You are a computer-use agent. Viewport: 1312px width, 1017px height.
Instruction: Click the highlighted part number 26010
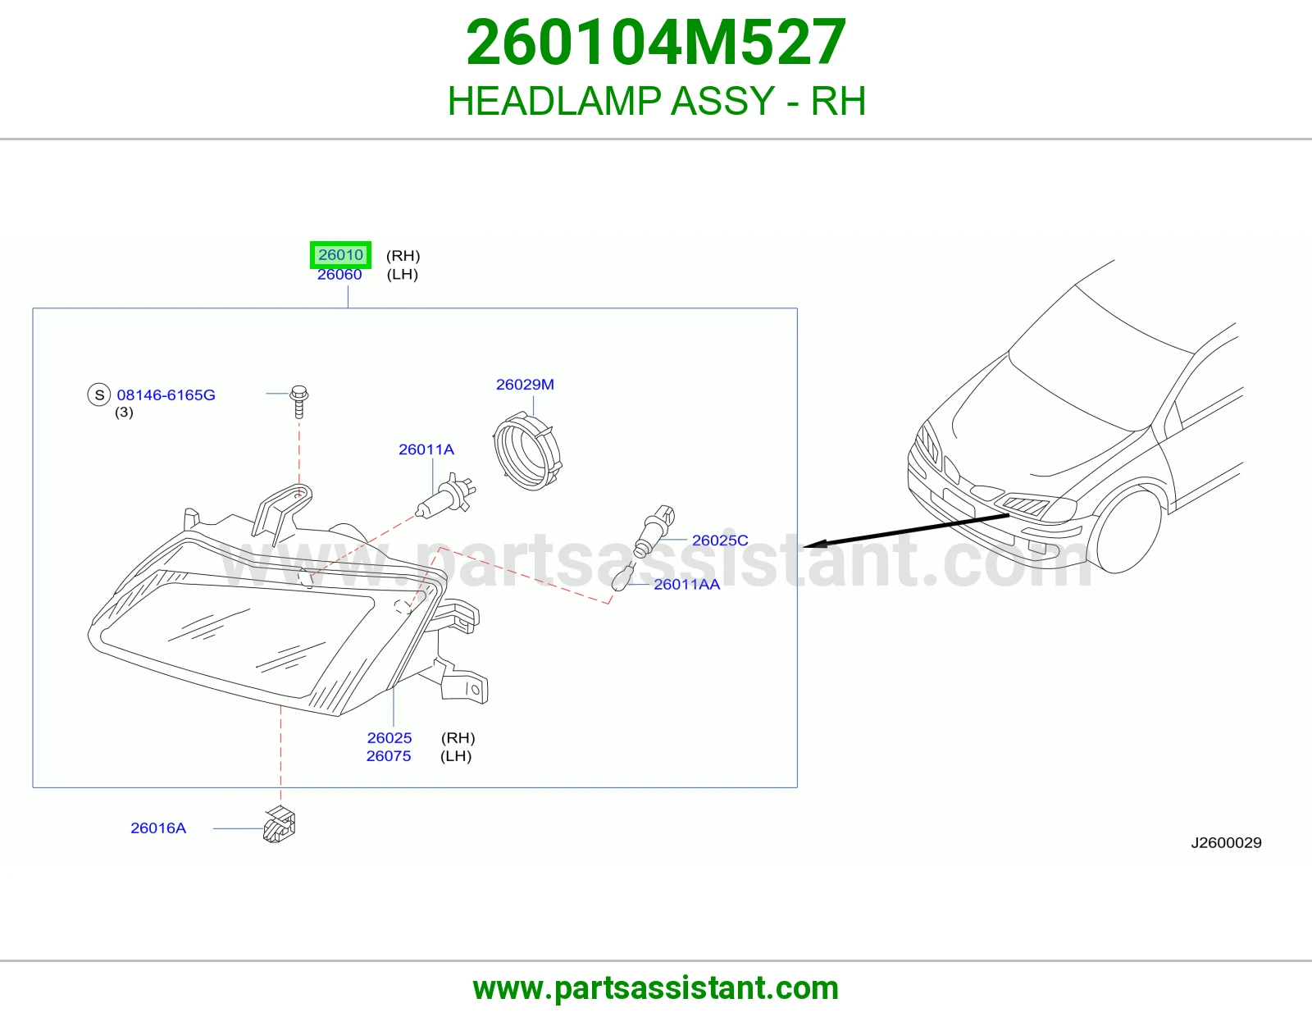tap(340, 255)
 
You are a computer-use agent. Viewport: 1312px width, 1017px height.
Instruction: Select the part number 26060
tap(339, 275)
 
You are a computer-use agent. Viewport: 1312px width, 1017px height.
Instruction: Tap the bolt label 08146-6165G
tap(166, 395)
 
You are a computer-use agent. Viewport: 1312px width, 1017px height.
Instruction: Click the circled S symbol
tap(99, 395)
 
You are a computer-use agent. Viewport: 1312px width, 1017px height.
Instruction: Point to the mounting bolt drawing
tap(298, 402)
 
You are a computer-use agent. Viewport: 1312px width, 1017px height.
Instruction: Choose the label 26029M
tap(525, 385)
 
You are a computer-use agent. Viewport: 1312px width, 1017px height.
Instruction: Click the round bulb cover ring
tap(527, 450)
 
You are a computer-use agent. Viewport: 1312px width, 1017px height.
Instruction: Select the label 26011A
tap(426, 449)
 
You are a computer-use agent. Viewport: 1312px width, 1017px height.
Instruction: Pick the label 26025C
tap(720, 540)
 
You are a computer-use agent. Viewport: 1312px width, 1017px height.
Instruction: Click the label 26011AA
tap(686, 585)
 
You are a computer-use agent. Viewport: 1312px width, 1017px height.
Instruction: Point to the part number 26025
tap(389, 738)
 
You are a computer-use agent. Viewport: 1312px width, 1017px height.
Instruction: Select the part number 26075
tap(388, 756)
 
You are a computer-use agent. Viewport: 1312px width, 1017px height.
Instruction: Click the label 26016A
tap(158, 828)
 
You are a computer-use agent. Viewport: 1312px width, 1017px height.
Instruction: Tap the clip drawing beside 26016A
tap(279, 824)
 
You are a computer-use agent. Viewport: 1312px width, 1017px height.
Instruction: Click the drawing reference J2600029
tap(1226, 843)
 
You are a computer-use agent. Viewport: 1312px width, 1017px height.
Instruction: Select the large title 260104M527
tap(656, 42)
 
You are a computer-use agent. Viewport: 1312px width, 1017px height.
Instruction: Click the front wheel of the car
tap(1127, 531)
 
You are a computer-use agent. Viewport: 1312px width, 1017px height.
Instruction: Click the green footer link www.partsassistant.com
tap(656, 988)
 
